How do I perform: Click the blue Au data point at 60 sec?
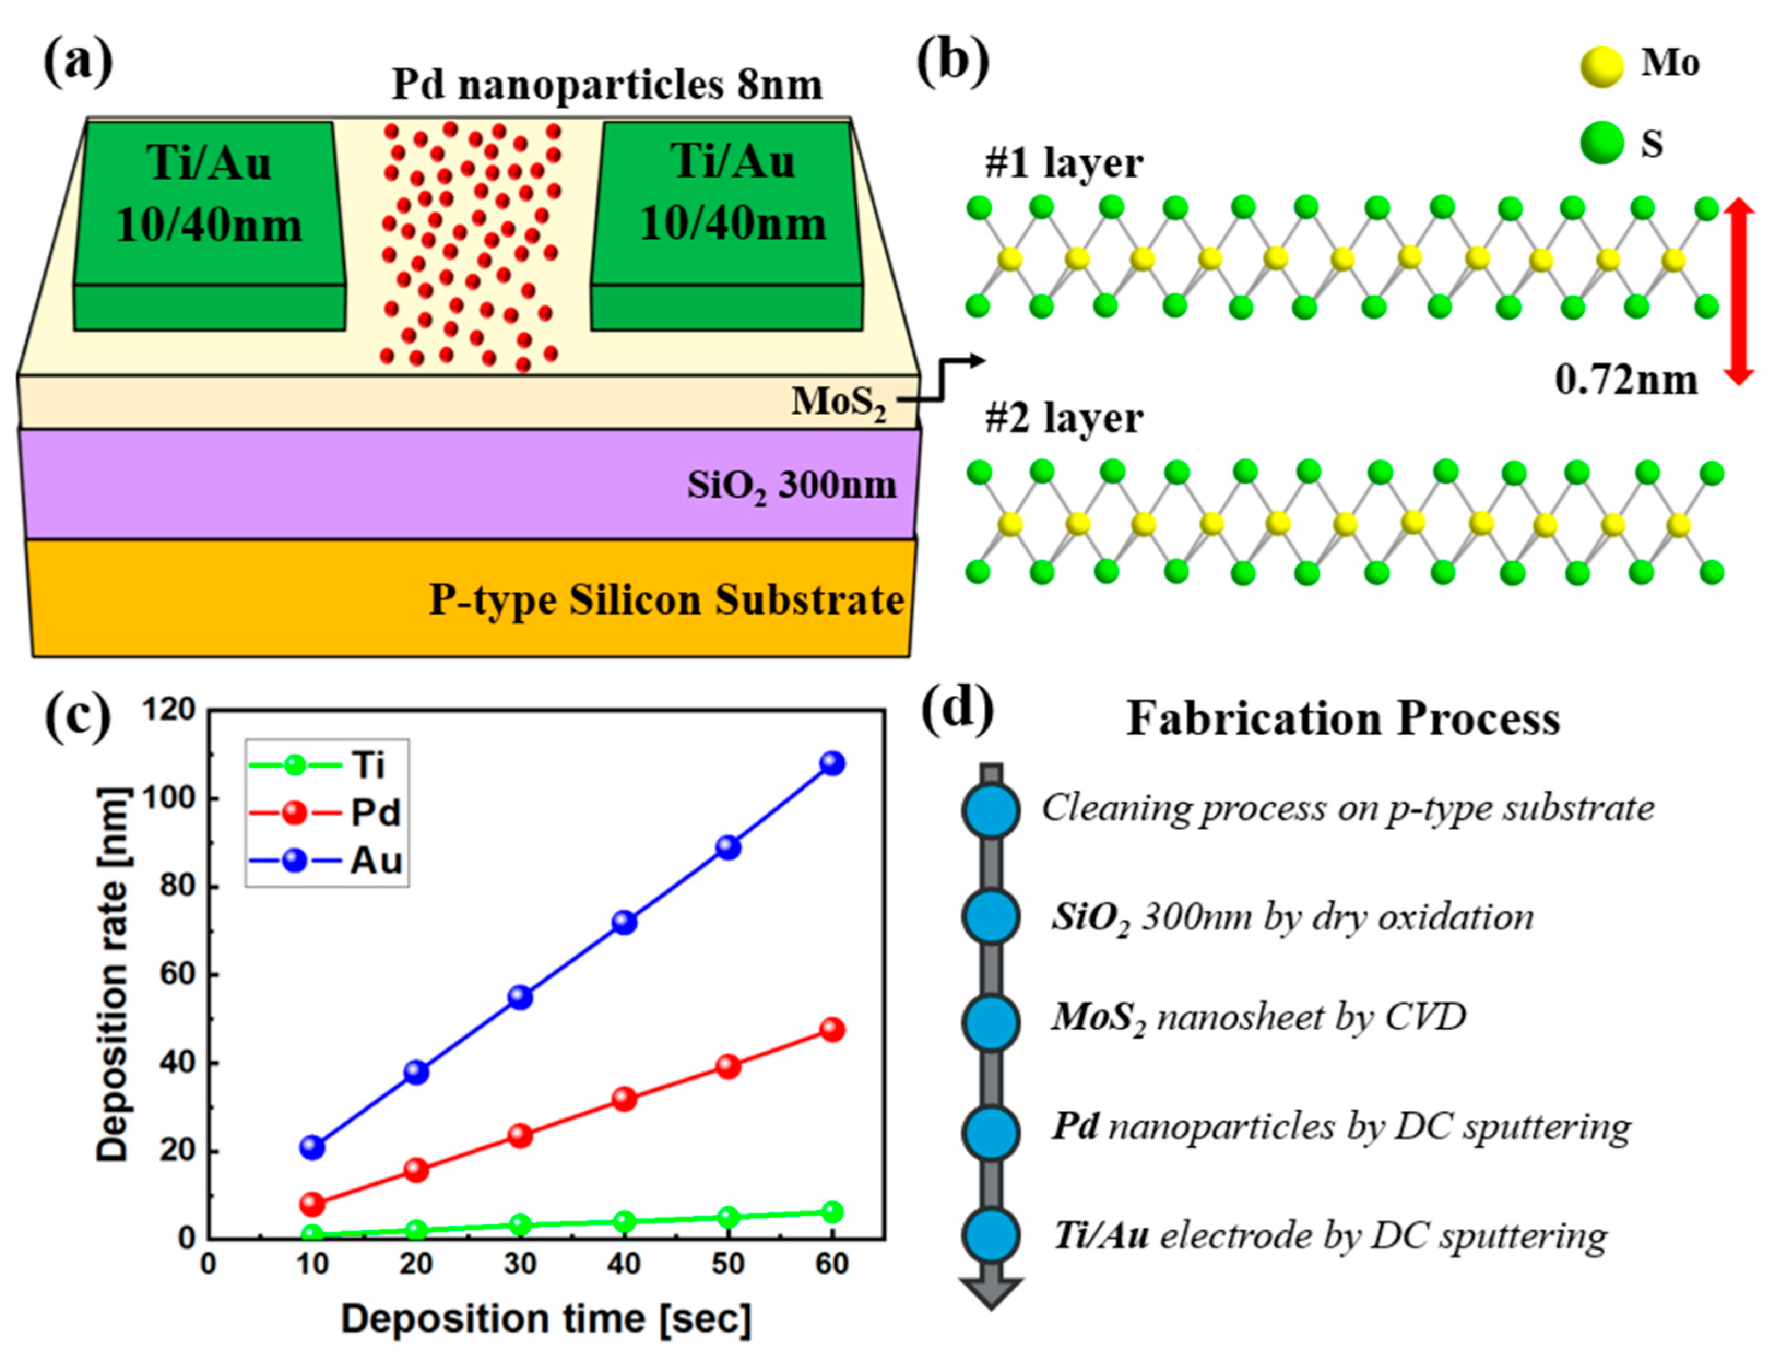point(832,763)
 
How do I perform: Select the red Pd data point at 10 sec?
point(312,1205)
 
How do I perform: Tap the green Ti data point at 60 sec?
point(832,1211)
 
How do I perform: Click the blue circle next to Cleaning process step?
point(991,809)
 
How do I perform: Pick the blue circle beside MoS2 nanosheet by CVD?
point(991,1021)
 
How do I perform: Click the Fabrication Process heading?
point(1342,718)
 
